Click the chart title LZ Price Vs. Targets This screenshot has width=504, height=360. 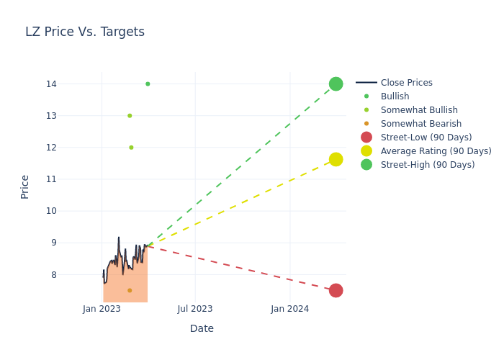85,32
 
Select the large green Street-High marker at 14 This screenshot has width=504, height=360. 336,84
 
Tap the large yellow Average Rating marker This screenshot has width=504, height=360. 336,159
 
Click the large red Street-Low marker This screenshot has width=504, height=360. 336,291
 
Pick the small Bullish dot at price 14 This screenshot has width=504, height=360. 148,84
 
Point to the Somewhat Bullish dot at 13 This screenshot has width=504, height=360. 130,116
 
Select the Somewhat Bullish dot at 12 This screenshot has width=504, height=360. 131,148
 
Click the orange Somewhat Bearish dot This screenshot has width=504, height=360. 130,291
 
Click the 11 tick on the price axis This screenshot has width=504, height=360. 51,179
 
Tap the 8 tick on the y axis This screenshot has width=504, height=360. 54,275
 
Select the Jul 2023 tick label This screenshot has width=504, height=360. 195,309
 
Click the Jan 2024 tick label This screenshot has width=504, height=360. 289,309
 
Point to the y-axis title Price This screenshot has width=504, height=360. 24,187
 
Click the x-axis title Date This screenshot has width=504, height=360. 202,328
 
